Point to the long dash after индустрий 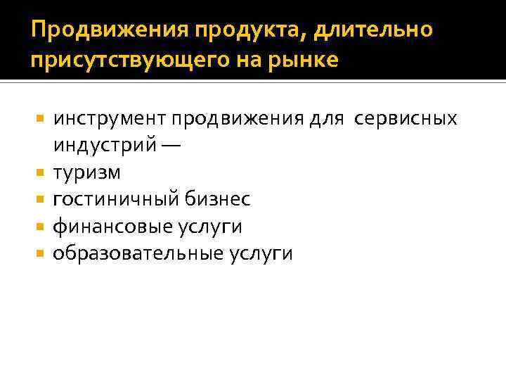click(173, 146)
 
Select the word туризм click(86, 172)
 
